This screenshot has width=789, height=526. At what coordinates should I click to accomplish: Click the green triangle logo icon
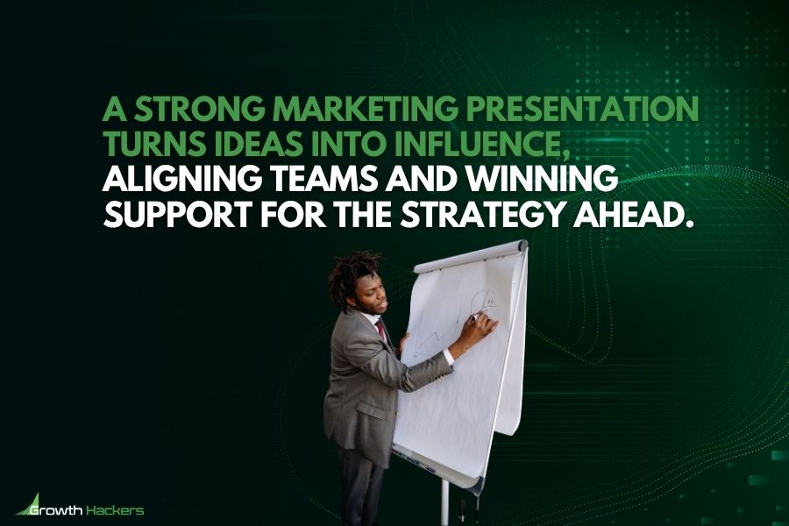(25, 503)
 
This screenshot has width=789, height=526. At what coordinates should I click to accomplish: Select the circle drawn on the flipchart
(483, 302)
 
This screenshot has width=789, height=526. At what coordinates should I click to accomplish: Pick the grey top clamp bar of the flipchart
(471, 256)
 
